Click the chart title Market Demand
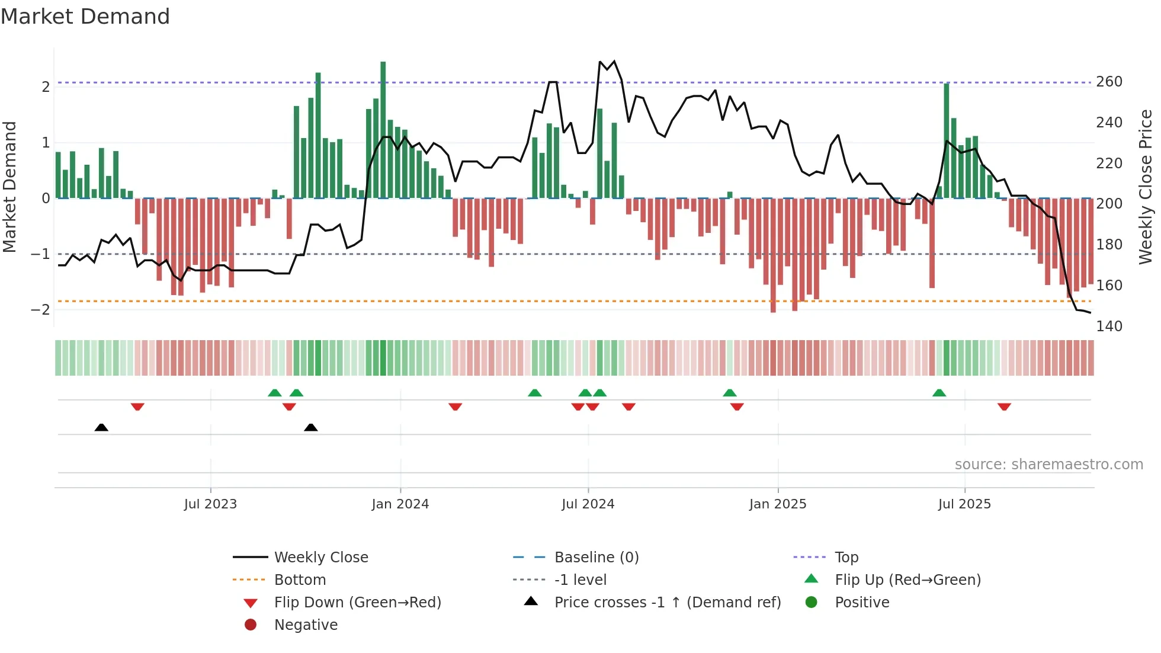pos(85,17)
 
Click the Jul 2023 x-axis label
pos(210,504)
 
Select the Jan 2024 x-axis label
pos(400,504)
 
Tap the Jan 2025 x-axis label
pos(777,504)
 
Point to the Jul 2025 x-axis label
pos(964,504)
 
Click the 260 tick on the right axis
pos(1109,82)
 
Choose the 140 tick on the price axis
pos(1109,326)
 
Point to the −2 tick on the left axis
pos(40,309)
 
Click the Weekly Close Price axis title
pos(1145,187)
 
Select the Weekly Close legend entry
pos(320,557)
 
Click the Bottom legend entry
pos(300,580)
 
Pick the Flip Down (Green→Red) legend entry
pos(357,602)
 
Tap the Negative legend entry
pos(306,625)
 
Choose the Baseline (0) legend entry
pos(596,557)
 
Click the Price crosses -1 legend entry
pos(667,602)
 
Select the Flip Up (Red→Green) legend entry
pos(907,580)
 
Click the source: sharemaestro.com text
pos(1048,464)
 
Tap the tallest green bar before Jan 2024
pos(383,130)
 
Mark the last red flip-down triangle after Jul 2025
pos(1003,406)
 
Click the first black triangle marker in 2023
pos(101,427)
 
